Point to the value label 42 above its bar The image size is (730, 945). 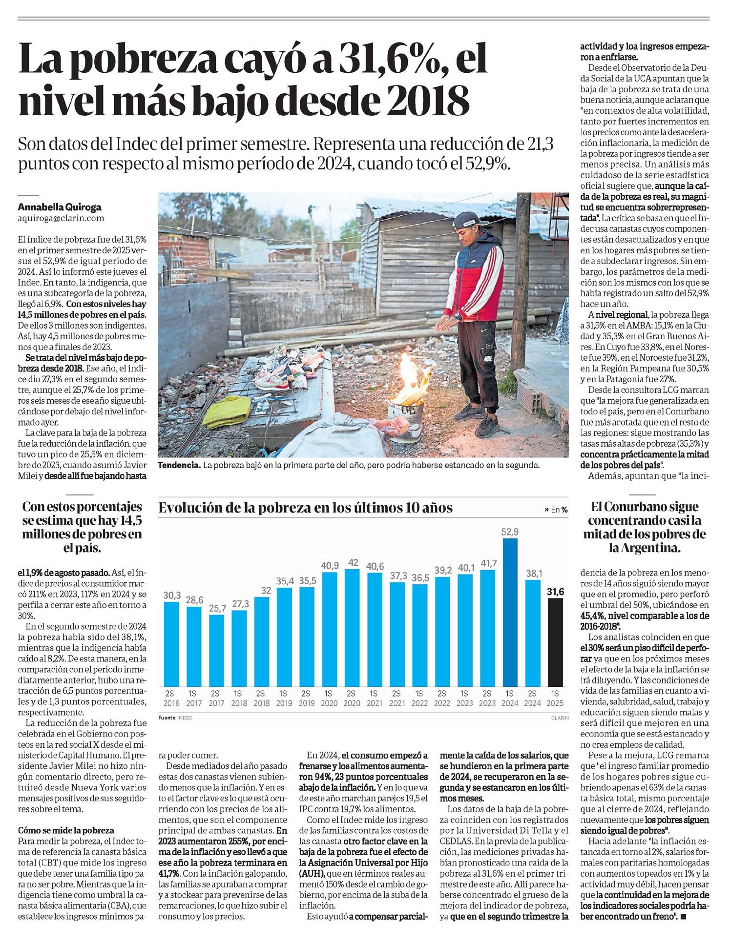353,562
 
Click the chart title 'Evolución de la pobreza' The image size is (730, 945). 306,508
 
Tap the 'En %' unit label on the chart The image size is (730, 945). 556,510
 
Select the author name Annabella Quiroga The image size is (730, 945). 60,206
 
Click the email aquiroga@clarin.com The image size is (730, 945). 61,219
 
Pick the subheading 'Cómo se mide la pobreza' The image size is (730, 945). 65,830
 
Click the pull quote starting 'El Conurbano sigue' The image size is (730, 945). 645,527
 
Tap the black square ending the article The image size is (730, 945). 683,918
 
